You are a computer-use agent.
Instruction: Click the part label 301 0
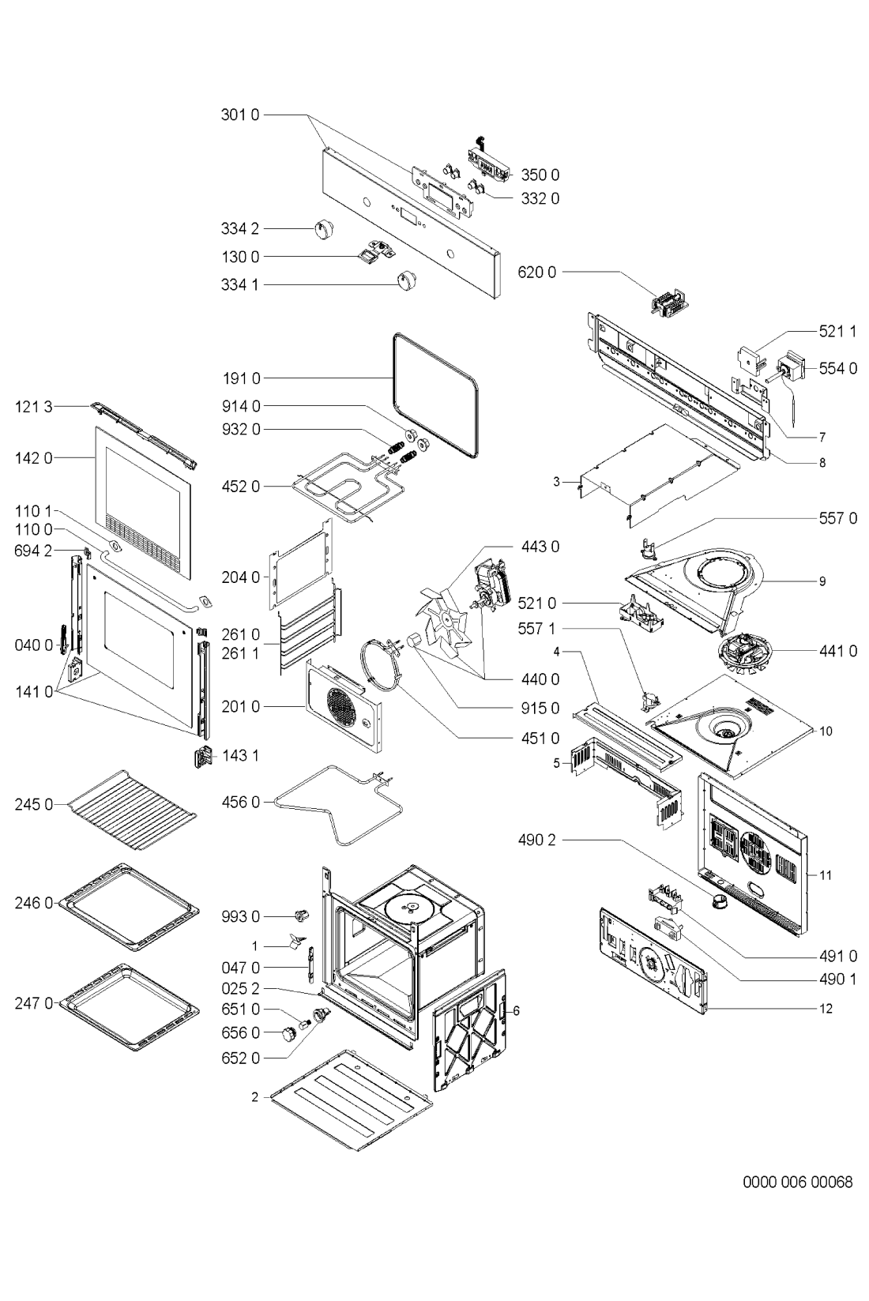[240, 115]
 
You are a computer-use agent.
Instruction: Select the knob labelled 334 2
[321, 228]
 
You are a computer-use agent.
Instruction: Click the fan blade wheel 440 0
[446, 622]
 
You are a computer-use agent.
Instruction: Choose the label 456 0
[240, 802]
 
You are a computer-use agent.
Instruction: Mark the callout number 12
[826, 1008]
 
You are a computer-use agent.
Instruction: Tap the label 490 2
[536, 839]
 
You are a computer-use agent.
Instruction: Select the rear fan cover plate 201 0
[344, 705]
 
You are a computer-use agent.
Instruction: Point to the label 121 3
[33, 407]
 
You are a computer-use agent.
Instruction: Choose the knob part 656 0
[288, 1033]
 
